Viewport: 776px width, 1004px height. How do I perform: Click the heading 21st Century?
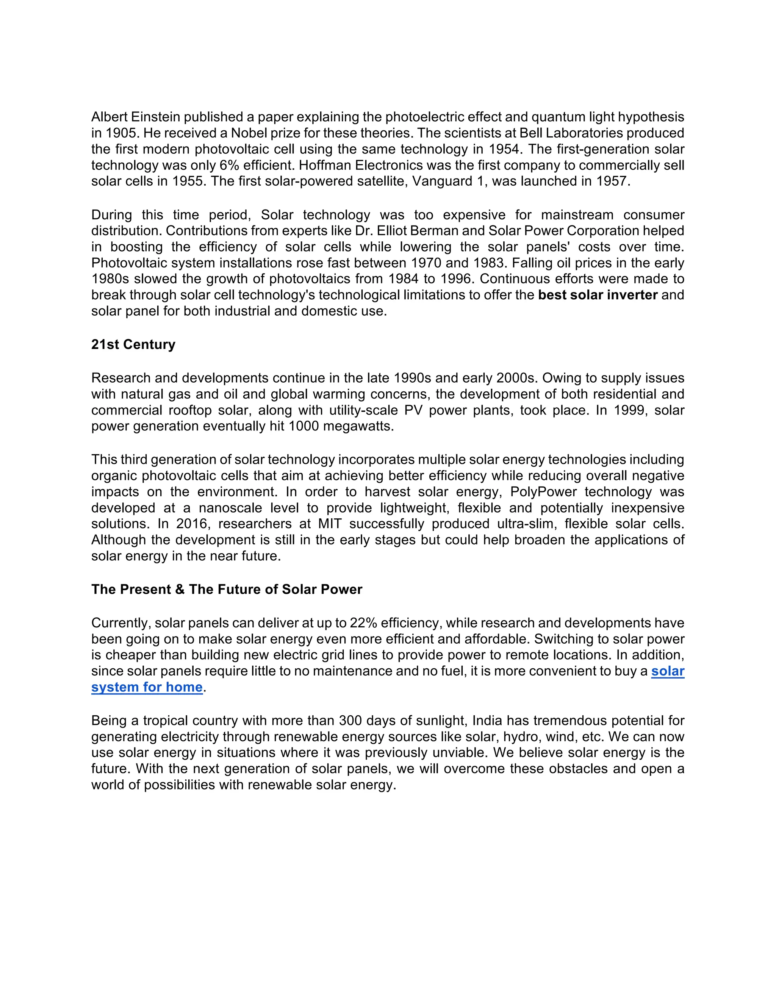coord(133,344)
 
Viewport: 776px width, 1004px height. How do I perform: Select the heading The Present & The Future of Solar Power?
coord(227,590)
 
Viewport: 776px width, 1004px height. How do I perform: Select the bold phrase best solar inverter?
coord(598,295)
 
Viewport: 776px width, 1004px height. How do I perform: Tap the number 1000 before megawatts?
coord(304,426)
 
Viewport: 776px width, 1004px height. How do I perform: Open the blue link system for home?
coord(147,687)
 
